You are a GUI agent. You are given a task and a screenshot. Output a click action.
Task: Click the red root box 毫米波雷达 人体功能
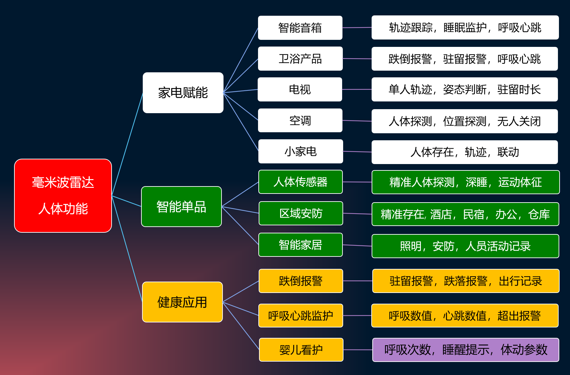click(63, 196)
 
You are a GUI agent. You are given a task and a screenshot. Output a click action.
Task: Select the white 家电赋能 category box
click(183, 92)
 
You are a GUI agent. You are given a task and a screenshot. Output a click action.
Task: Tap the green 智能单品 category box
click(181, 207)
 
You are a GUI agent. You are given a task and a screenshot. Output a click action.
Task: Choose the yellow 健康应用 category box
click(182, 302)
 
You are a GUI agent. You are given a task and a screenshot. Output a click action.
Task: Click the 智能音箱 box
click(300, 28)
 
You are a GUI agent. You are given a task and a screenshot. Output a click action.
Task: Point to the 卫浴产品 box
click(300, 59)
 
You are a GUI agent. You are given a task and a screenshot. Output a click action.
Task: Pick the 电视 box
click(300, 89)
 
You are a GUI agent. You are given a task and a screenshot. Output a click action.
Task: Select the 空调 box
click(300, 120)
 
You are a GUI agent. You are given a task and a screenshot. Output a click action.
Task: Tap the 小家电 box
click(301, 151)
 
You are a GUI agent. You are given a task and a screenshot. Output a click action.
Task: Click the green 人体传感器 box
click(301, 182)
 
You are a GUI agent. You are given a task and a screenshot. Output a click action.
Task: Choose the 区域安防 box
click(301, 213)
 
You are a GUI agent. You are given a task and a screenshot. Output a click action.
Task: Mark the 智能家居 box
click(301, 245)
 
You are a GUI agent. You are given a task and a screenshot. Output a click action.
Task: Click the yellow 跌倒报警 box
click(301, 281)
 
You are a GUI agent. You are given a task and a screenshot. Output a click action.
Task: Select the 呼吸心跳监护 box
click(301, 315)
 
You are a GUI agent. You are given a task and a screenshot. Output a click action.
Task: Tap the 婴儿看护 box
click(301, 350)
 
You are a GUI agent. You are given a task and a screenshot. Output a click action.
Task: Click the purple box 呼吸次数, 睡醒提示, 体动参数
click(466, 350)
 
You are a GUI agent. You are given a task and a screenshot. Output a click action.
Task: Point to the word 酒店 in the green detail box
click(441, 214)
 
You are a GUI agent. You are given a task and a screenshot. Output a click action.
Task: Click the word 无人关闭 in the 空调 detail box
click(519, 121)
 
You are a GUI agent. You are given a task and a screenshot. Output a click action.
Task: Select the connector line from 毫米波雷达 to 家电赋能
click(127, 144)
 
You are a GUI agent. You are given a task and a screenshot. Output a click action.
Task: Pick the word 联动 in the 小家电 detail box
click(508, 152)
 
